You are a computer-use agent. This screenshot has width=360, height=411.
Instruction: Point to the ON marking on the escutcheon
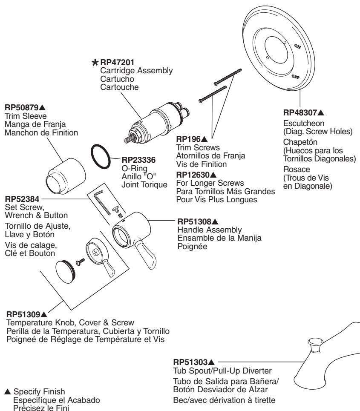click(297, 48)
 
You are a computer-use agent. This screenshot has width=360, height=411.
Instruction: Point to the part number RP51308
click(194, 222)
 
